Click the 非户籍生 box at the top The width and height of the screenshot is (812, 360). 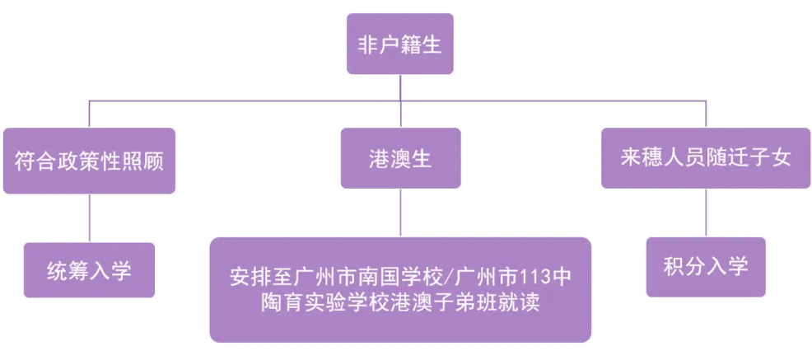click(399, 44)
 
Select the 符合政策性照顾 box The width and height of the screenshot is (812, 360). click(89, 160)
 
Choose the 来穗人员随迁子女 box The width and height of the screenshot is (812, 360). click(706, 158)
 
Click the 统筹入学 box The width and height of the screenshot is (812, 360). click(89, 269)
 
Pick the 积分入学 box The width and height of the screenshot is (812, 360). click(706, 267)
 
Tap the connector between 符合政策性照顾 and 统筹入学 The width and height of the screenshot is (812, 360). click(89, 218)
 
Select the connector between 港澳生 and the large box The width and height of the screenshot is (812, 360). click(400, 216)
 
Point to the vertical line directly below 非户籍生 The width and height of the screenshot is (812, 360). click(399, 89)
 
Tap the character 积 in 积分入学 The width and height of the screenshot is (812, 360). click(674, 267)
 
